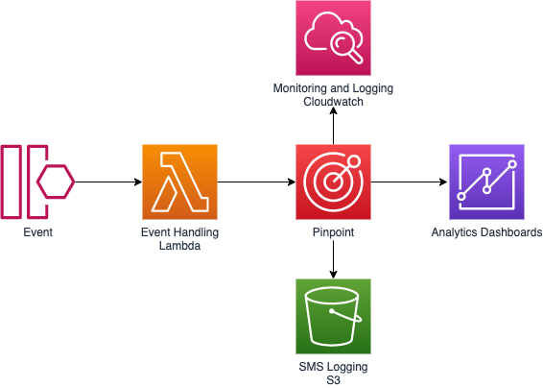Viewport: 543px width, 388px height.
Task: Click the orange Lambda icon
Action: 179,182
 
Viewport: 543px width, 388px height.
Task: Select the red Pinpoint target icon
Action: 333,182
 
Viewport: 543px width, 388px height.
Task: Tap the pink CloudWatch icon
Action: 333,37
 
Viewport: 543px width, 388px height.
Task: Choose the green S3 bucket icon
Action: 333,316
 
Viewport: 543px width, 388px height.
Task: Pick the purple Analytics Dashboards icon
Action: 486,182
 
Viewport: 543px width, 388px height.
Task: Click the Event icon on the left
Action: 37,182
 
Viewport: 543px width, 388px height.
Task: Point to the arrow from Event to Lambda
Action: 107,182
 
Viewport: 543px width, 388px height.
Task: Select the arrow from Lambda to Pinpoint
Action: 256,182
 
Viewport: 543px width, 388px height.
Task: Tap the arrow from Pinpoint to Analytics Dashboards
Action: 410,182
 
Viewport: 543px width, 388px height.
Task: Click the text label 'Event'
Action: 38,232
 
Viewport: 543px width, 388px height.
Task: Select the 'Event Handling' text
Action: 179,232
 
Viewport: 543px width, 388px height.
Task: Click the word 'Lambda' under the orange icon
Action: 179,246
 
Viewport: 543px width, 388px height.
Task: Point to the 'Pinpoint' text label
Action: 333,232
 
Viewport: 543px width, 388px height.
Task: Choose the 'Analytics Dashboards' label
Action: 486,232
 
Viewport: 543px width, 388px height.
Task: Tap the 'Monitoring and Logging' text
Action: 333,88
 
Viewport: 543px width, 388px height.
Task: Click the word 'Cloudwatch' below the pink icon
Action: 333,102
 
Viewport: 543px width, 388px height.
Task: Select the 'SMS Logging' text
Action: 333,367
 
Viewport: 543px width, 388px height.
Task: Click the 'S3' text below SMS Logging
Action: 333,380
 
